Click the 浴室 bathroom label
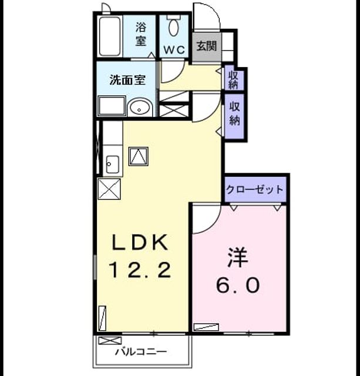(x=141, y=34)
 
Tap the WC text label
(x=174, y=50)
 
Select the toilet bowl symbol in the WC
(x=173, y=27)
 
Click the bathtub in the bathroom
(x=110, y=36)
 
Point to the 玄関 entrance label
(x=206, y=46)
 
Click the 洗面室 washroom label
(x=127, y=80)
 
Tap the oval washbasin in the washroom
(x=139, y=108)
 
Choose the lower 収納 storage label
(x=234, y=113)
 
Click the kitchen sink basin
(x=112, y=164)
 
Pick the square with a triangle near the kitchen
(x=138, y=156)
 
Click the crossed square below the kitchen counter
(x=109, y=189)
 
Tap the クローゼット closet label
(x=255, y=189)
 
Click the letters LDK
(x=140, y=243)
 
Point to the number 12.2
(x=140, y=270)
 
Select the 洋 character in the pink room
(x=238, y=257)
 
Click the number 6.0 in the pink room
(x=238, y=286)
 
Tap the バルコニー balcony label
(x=141, y=352)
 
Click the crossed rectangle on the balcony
(x=110, y=341)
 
